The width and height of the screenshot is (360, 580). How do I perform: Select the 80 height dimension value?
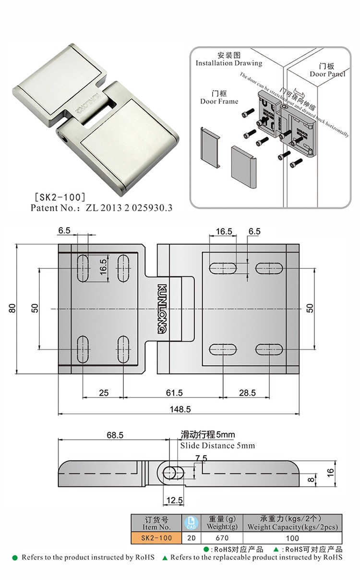(13, 308)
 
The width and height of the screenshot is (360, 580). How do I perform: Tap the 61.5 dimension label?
(174, 393)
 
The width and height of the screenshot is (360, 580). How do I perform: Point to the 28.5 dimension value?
(247, 393)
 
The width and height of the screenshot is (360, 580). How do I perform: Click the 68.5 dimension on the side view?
(115, 435)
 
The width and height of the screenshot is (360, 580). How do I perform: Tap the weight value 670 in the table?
(222, 538)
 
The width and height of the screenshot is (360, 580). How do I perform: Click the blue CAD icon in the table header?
(190, 522)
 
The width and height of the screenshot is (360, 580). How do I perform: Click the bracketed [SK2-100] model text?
(58, 196)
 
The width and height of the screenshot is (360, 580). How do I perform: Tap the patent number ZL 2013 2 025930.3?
(128, 208)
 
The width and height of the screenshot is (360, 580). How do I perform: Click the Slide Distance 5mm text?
(217, 446)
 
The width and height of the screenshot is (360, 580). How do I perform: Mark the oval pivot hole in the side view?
(170, 472)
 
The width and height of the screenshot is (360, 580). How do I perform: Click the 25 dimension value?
(104, 393)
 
